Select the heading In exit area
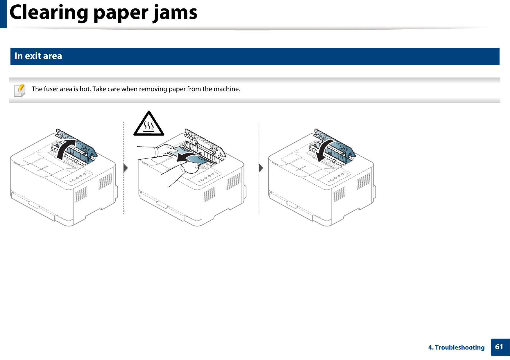point(38,56)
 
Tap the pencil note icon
point(20,90)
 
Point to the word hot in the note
point(85,89)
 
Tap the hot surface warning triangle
point(149,125)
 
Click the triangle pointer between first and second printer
point(126,168)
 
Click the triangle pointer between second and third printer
point(261,168)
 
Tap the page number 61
point(499,347)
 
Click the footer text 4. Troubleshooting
point(456,348)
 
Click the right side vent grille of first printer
point(105,181)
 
